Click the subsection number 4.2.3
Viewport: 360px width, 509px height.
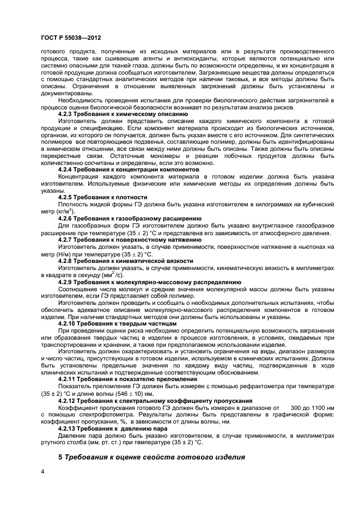point(68,114)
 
